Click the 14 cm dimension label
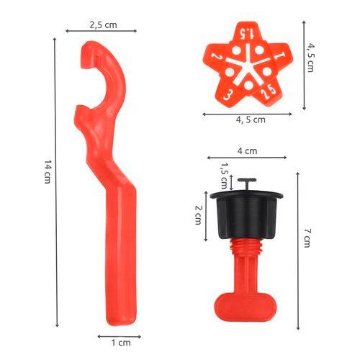tap(48, 172)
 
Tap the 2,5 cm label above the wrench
tap(104, 25)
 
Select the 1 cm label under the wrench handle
tap(121, 343)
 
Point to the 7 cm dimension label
tap(307, 238)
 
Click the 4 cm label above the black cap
tap(248, 151)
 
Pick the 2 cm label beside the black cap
tap(198, 215)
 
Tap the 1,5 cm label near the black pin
tap(224, 176)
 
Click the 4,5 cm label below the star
tap(251, 120)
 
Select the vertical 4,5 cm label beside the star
tap(310, 58)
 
